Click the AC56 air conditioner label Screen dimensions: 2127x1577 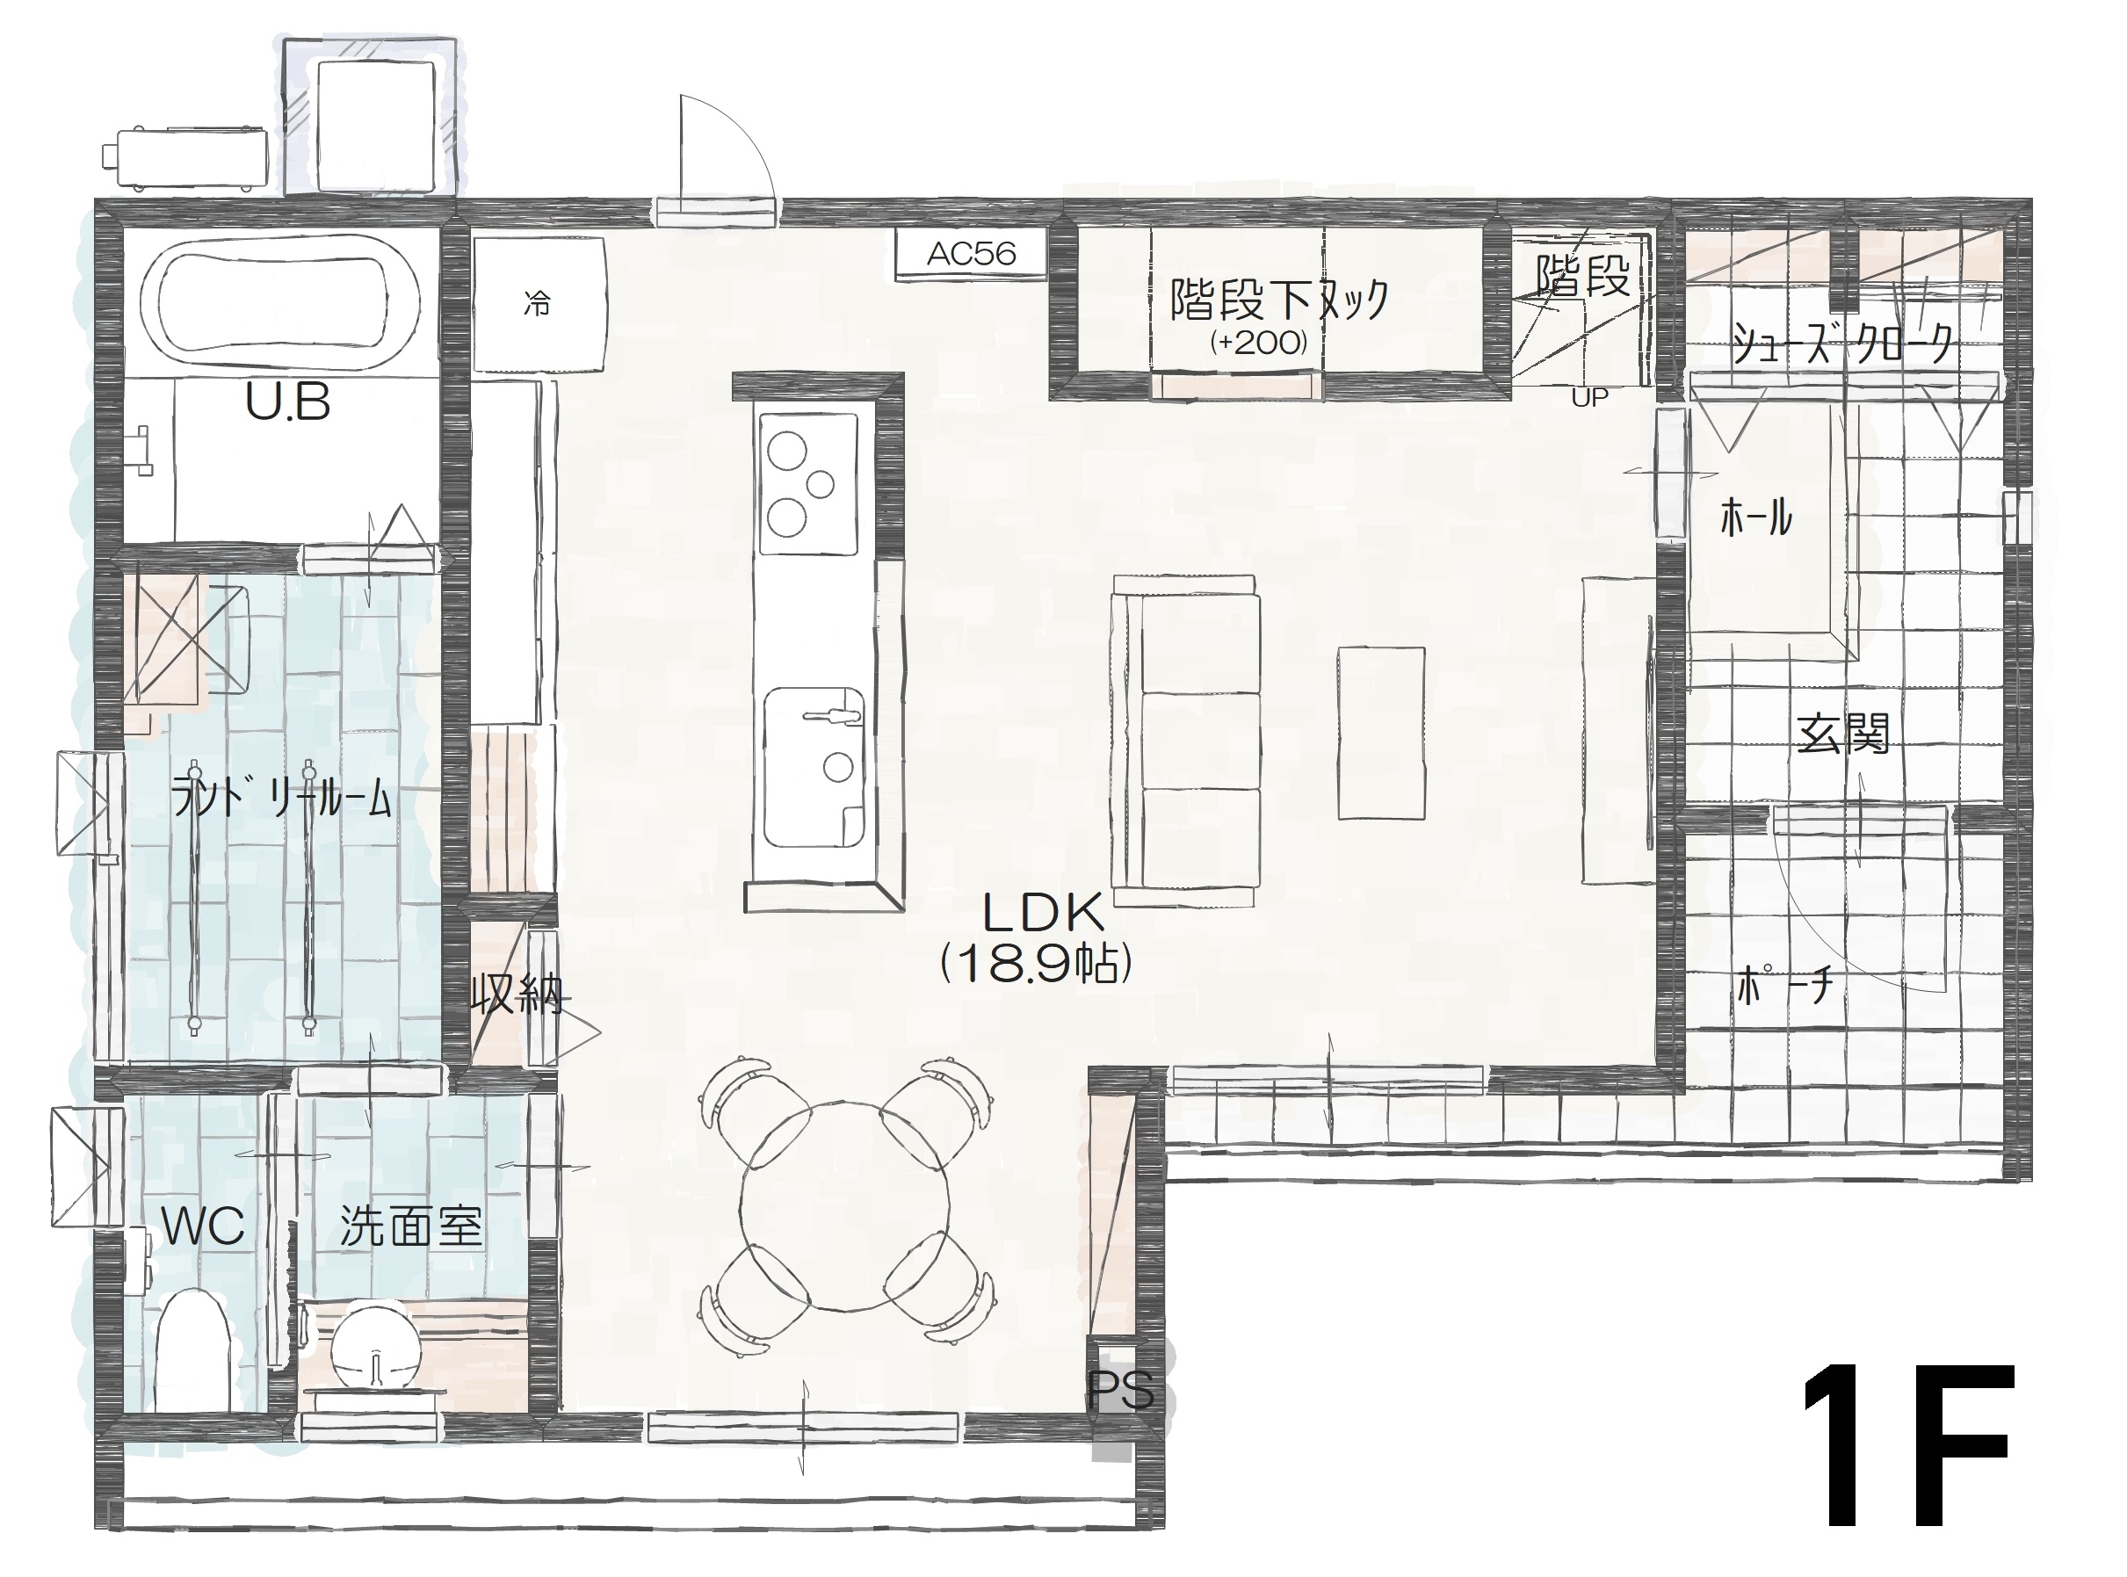(x=971, y=254)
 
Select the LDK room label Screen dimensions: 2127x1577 (x=1045, y=914)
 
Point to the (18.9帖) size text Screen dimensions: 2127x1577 (x=1036, y=964)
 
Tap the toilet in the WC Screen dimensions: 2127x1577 (x=192, y=1350)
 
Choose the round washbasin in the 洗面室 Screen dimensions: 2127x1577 (x=376, y=1347)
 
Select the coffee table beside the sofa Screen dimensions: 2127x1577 (x=1380, y=732)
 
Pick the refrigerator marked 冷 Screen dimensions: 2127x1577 (x=539, y=305)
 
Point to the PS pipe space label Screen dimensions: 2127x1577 (x=1122, y=1391)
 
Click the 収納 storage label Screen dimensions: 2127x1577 (x=517, y=996)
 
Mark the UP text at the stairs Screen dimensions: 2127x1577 (x=1590, y=397)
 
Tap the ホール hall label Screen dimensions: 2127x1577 (x=1755, y=518)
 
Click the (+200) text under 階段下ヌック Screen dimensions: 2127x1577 (x=1258, y=343)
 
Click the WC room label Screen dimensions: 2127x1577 (x=203, y=1226)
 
